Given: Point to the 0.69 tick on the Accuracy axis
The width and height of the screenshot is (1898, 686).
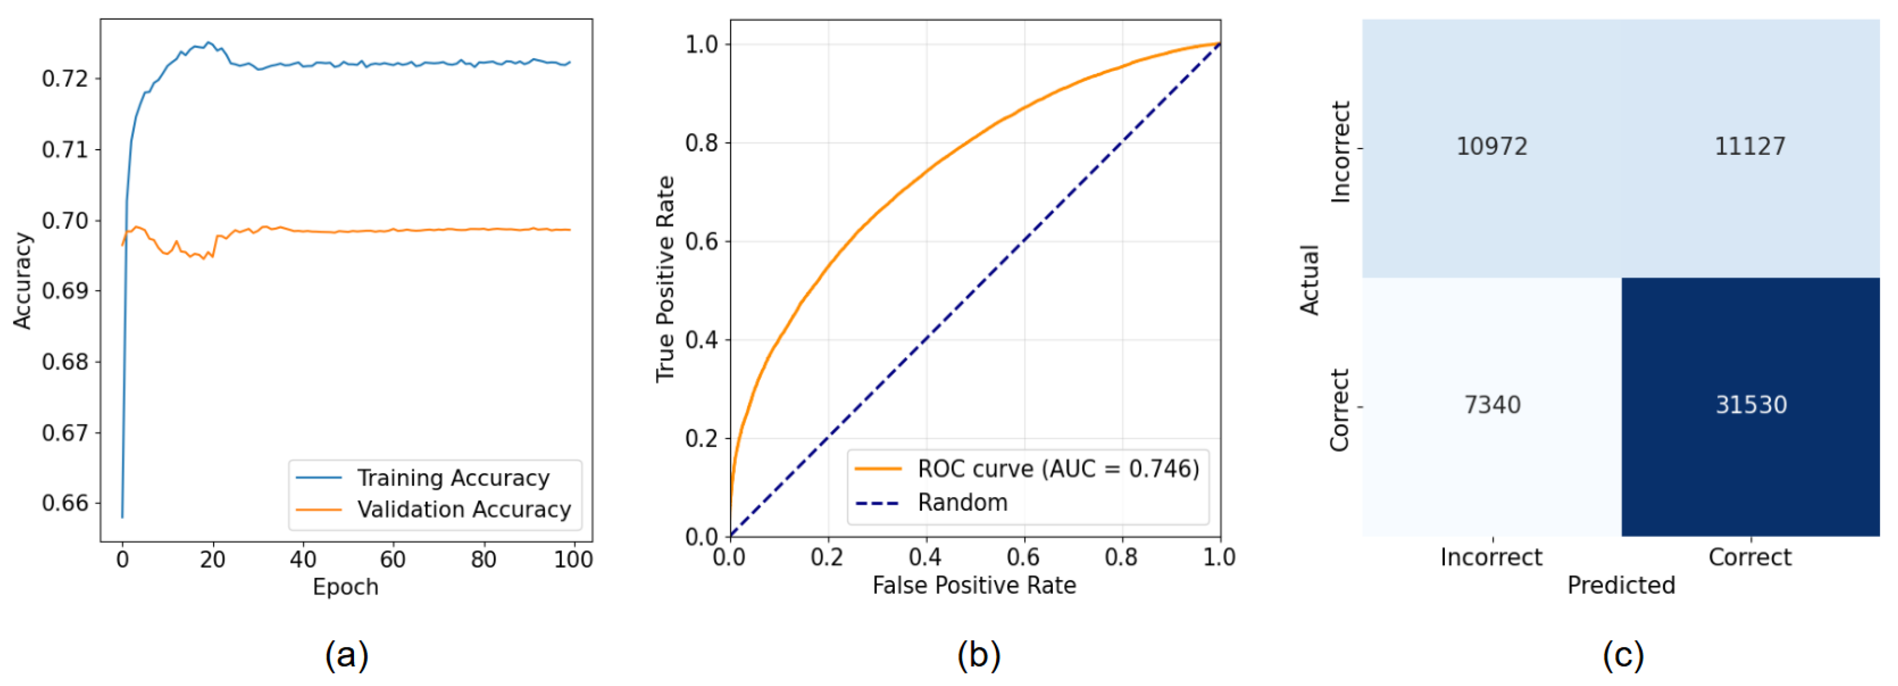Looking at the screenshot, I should click(65, 291).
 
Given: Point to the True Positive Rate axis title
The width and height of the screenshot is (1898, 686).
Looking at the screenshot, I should click(665, 279).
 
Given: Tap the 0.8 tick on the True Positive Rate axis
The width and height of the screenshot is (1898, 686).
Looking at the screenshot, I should click(701, 143).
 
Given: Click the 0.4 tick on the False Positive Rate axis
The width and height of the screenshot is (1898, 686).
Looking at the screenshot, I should click(925, 557).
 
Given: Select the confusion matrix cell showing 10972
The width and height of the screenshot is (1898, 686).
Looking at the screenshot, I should click(1491, 147).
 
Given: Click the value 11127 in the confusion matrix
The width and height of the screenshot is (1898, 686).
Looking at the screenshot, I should click(1750, 147).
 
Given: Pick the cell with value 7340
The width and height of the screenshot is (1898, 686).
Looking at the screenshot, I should click(1491, 405).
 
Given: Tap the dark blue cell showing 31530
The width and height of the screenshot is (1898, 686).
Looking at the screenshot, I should click(1750, 405).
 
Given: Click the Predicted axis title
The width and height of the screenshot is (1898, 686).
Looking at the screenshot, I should click(1621, 585).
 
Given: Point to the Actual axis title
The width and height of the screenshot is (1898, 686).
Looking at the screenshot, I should click(1309, 280).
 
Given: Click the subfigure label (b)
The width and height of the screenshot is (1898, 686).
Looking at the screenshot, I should click(978, 655).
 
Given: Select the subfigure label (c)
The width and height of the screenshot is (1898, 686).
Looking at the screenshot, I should click(1622, 655).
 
